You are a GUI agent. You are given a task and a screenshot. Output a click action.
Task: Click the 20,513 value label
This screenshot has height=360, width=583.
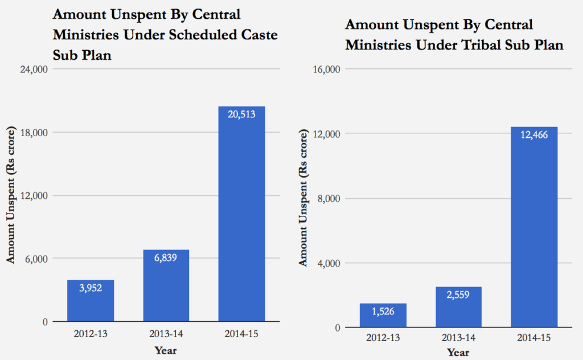point(241,114)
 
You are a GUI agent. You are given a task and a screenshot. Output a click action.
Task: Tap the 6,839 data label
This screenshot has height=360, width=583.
point(166,257)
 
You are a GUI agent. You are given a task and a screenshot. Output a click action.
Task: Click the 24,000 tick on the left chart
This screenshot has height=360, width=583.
point(33,69)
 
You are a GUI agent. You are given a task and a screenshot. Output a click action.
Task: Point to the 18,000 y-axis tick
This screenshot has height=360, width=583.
point(33,133)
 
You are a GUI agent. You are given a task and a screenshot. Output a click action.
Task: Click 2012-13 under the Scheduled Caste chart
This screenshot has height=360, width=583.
point(91,333)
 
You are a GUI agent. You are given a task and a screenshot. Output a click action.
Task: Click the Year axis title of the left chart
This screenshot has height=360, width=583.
point(166,350)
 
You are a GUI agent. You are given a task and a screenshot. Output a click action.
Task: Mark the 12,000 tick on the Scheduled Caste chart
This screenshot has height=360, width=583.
point(33,196)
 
